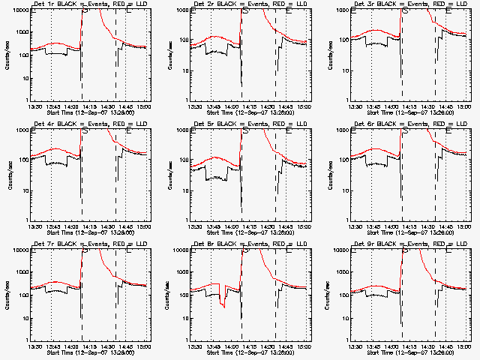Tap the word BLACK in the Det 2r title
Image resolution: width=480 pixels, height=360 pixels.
coord(224,4)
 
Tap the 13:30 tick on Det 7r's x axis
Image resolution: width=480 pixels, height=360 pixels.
coord(34,346)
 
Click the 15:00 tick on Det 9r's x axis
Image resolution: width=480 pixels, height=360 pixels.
coord(465,346)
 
